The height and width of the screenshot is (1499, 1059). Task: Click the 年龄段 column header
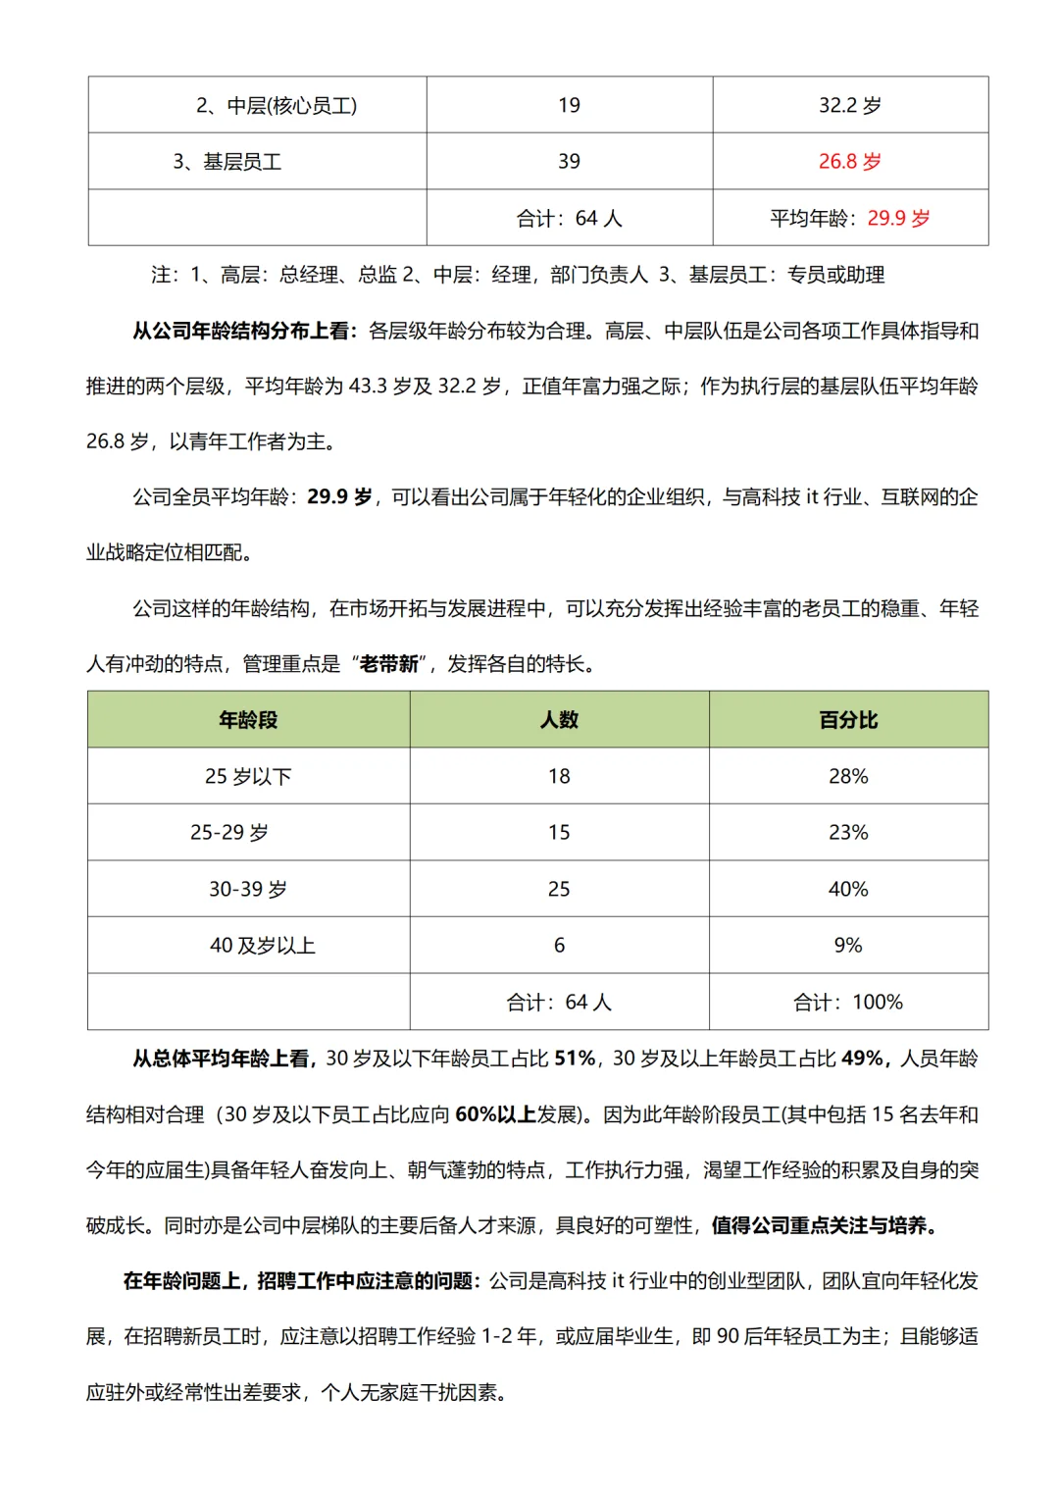point(248,720)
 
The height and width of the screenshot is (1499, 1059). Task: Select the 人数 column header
point(559,720)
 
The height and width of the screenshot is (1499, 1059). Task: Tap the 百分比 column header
point(848,720)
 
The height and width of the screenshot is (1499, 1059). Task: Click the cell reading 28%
point(848,776)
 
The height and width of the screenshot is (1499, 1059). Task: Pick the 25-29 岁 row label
point(229,833)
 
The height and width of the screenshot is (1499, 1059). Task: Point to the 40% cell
point(848,889)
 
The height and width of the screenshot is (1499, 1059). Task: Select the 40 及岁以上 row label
point(263,946)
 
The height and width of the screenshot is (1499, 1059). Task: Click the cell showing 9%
point(848,946)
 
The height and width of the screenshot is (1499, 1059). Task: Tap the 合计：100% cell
point(848,1002)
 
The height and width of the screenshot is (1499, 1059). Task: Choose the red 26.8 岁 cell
point(850,162)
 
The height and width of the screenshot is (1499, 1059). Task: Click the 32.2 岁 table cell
point(850,105)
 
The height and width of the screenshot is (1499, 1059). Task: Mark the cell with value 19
point(569,105)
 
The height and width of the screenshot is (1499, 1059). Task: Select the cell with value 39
point(569,162)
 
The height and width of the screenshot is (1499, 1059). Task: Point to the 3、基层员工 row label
point(227,162)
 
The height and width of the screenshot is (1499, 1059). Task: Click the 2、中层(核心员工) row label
point(277,105)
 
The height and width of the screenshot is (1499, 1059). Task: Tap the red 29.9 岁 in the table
point(898,218)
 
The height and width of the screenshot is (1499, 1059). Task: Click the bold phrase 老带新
point(389,664)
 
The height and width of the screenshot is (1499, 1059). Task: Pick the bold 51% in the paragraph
point(575,1059)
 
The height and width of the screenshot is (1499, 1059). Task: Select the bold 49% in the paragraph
point(863,1059)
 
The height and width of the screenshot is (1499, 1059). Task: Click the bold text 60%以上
point(495,1114)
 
